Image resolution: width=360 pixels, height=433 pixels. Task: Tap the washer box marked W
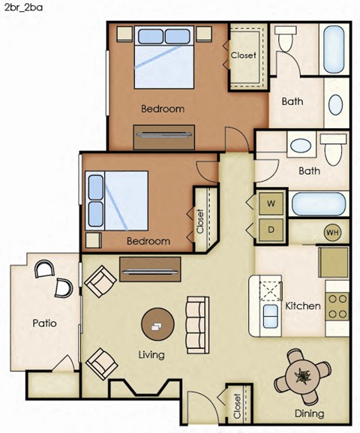[271, 203]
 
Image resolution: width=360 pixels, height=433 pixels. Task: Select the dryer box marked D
[271, 230]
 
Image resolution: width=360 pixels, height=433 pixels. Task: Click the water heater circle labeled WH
[332, 233]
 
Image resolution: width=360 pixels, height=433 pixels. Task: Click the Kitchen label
[303, 306]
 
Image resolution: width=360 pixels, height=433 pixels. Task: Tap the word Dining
[309, 413]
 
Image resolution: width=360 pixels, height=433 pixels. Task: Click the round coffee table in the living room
[159, 326]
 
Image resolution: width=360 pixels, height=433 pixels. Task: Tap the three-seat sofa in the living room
[196, 325]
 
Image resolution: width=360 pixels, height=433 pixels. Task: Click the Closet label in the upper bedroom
[243, 56]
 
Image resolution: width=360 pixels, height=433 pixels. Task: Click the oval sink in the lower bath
[301, 146]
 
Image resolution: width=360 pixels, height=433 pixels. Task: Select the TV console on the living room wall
[150, 269]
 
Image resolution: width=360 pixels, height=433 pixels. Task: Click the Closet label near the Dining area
[238, 407]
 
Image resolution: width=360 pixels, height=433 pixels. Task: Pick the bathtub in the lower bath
[319, 203]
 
